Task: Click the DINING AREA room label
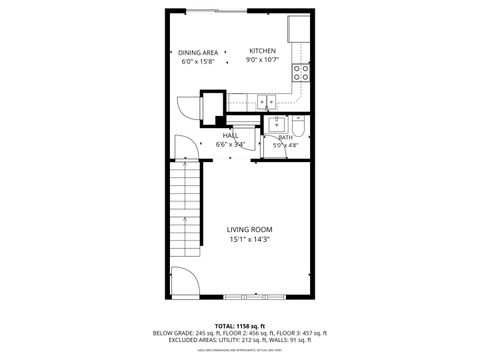(x=198, y=52)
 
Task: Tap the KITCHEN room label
(x=262, y=51)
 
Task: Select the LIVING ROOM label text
(x=249, y=228)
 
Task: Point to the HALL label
(x=230, y=135)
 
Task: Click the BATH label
(x=285, y=137)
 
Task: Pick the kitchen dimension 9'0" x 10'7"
(x=262, y=61)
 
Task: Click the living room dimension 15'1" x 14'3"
(x=249, y=239)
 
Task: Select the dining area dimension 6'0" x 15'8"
(x=198, y=61)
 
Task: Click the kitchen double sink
(x=267, y=101)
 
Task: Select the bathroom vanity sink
(x=276, y=124)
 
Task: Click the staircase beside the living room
(x=186, y=214)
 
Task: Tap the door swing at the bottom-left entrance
(x=183, y=281)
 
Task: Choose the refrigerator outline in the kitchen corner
(x=299, y=29)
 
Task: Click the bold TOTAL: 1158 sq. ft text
(x=240, y=325)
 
